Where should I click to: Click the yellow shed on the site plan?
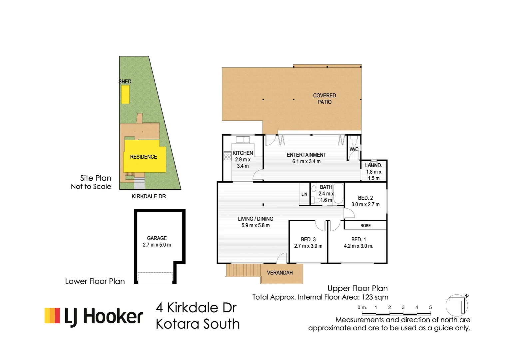125,95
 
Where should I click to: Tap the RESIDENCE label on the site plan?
143,157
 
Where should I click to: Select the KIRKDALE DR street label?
149,196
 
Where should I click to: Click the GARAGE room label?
157,238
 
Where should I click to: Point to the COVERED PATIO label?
324,99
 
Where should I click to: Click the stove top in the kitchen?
228,157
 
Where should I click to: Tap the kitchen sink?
243,140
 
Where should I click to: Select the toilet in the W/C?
354,141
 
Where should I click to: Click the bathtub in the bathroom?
338,193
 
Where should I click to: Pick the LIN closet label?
304,194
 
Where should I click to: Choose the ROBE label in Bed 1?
365,226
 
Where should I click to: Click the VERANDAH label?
280,273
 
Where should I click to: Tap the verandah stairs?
243,270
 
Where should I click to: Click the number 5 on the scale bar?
430,307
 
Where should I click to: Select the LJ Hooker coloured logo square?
52,315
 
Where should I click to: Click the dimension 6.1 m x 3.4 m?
306,162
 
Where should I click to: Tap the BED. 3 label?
308,239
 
